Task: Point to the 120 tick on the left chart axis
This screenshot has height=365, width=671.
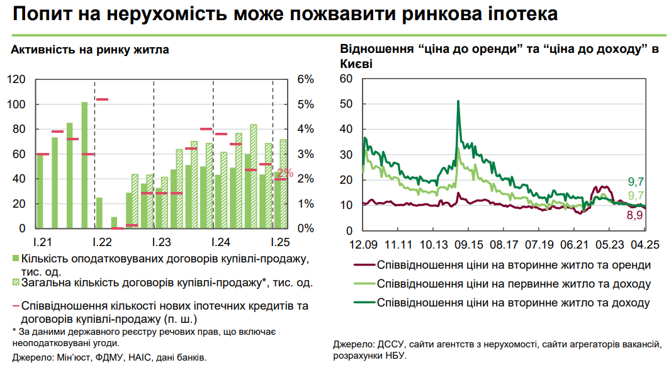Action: (16, 79)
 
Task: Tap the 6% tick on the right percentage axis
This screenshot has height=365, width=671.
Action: (305, 79)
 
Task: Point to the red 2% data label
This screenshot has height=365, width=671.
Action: (285, 173)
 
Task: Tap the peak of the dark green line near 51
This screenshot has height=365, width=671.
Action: (458, 101)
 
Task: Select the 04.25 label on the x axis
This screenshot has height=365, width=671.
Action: (645, 244)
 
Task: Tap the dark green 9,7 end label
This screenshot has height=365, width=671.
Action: (635, 182)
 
